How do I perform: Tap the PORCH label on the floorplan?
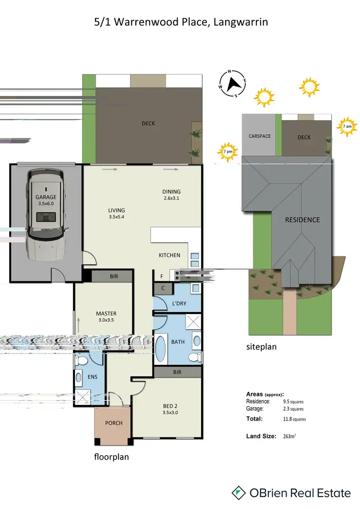(x=114, y=423)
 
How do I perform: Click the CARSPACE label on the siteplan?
(x=260, y=136)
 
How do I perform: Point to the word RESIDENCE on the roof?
(x=302, y=220)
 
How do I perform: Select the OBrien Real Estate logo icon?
(x=239, y=492)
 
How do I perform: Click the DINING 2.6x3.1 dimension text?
(x=171, y=198)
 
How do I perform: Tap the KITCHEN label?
(x=169, y=255)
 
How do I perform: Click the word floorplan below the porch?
(x=111, y=457)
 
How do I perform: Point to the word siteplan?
(x=262, y=346)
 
